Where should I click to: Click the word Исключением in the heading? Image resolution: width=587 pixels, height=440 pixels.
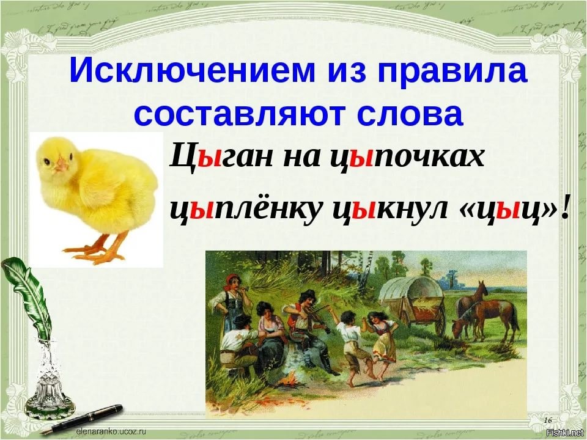(x=191, y=71)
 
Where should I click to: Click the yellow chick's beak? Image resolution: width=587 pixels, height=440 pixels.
(x=61, y=164)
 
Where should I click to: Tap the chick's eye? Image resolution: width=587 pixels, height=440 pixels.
(x=47, y=161)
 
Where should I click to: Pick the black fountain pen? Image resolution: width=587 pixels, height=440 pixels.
(x=81, y=420)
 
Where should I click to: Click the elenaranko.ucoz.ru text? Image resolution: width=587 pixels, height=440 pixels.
(x=111, y=431)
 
